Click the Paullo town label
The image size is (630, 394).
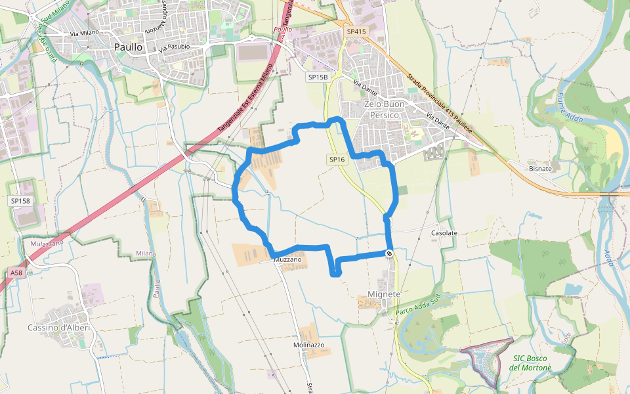pos(128,47)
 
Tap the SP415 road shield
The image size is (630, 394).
pos(356,32)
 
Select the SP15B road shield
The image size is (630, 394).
pos(317,77)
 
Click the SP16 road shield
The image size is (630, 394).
pos(337,160)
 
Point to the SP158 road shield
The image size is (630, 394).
pos(20,200)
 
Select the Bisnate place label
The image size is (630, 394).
pos(540,169)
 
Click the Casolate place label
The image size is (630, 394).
pos(444,233)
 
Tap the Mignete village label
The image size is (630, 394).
pos(385,294)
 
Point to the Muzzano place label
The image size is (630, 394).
pos(288,260)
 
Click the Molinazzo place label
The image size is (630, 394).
pos(308,345)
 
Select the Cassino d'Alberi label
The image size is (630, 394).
pos(58,328)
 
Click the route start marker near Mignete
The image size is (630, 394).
pos(389,253)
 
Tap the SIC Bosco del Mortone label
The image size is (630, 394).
pos(530,362)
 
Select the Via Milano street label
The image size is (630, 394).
pos(84,32)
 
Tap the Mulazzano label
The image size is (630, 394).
pos(47,244)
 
